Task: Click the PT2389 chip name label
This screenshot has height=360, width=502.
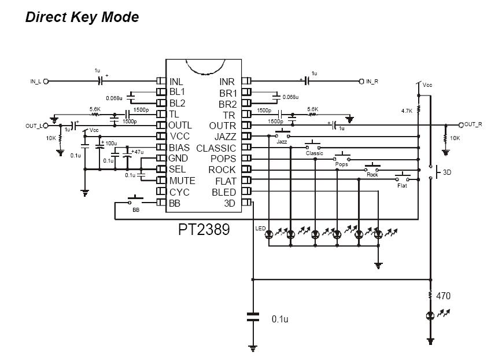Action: pos(204,229)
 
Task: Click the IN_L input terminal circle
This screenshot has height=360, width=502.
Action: pos(46,82)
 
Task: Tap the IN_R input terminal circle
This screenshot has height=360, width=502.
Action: pos(361,82)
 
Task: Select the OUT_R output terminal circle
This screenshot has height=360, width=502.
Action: pos(461,125)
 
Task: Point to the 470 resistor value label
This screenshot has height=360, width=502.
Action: pos(443,296)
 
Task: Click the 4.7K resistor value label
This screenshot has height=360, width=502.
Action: pos(407,111)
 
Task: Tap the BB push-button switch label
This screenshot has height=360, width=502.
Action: pos(136,210)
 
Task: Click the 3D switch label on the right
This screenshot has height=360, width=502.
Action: pos(447,172)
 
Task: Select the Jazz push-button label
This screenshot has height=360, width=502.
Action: pos(282,142)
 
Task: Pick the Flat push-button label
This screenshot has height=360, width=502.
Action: pos(402,185)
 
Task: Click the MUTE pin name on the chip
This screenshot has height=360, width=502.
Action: pos(182,181)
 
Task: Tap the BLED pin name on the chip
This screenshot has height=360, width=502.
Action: pos(224,192)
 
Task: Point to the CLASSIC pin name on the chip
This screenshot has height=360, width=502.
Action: pos(216,148)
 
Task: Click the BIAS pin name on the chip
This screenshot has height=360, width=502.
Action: pos(179,148)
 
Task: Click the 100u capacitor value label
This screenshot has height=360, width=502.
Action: pos(111,143)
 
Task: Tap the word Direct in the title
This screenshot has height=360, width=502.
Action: pos(46,17)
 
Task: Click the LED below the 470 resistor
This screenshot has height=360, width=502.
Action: pos(431,316)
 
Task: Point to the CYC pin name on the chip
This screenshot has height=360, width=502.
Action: pos(179,192)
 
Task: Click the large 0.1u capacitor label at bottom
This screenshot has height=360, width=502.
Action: pos(280,319)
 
